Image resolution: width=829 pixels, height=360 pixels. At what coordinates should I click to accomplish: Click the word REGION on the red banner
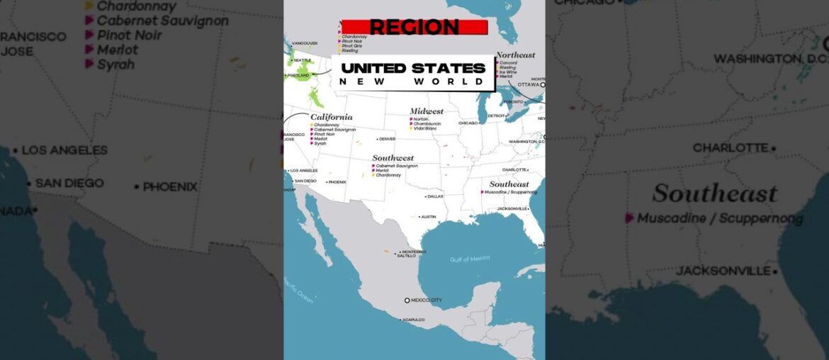coord(414,27)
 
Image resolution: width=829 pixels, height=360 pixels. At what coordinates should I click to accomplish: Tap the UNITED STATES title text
coord(413,68)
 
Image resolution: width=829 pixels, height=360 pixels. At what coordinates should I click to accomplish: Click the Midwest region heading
coord(427,111)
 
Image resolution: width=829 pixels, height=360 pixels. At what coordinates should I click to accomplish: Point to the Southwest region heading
coord(393,158)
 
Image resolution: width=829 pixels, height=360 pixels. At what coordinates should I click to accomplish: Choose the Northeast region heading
coord(516,55)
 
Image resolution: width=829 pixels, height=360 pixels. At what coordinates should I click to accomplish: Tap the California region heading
coord(331,117)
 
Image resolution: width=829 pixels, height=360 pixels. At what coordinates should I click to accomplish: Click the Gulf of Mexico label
coord(470,259)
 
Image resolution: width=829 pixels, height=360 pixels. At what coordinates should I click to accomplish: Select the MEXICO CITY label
coord(427,300)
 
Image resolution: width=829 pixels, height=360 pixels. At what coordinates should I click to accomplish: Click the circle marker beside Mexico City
coord(407,300)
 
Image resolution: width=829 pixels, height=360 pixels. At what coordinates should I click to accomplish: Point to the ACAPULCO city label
coord(413,320)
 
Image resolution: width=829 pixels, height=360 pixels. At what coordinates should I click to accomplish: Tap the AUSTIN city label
coord(429,217)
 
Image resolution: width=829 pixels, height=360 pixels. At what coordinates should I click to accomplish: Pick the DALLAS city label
coord(435,196)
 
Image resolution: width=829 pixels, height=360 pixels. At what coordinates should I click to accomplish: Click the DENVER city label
coord(388,139)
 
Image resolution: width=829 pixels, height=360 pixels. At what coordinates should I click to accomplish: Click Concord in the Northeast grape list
coord(508,62)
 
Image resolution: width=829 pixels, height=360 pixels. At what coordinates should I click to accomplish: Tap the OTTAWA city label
coord(529,84)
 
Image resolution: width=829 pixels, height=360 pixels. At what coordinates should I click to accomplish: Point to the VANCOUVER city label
coord(305,43)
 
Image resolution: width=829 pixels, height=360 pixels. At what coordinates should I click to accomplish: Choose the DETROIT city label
coord(496,116)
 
